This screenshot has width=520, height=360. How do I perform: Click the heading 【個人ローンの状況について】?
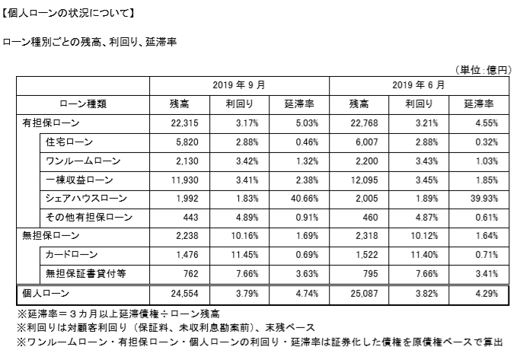point(69,13)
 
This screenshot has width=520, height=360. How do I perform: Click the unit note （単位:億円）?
point(484,69)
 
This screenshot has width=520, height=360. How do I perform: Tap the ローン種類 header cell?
point(82,104)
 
